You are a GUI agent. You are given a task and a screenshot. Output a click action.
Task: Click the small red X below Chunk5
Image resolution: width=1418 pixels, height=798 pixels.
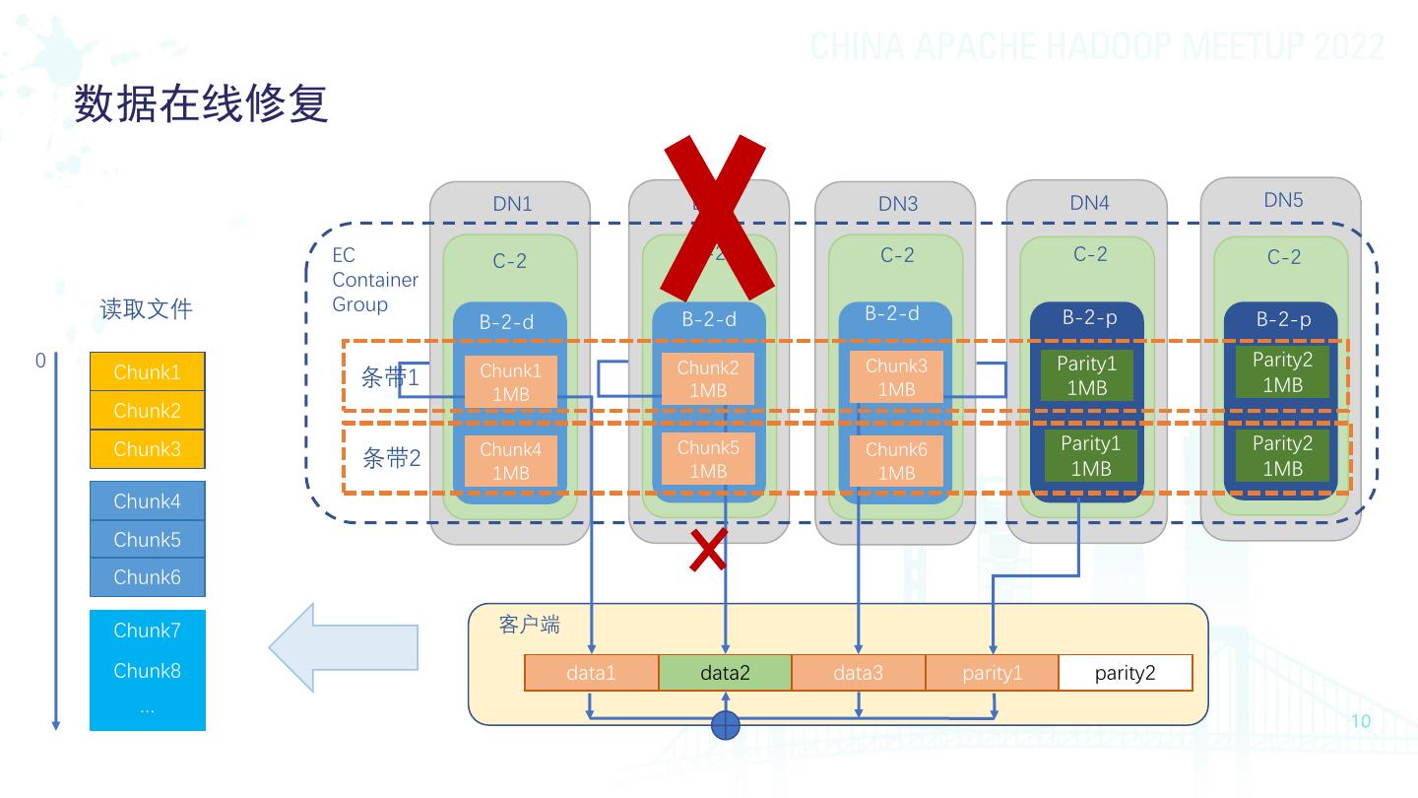tap(708, 550)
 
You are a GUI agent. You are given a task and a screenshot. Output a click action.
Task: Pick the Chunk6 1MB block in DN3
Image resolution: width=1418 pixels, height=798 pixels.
tap(896, 461)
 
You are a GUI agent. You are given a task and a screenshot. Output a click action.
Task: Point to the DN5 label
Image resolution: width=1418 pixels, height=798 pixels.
tap(1283, 200)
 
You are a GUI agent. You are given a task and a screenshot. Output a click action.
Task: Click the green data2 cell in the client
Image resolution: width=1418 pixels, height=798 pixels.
tap(725, 674)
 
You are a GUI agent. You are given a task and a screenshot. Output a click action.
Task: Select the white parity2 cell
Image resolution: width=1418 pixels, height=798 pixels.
tap(1125, 674)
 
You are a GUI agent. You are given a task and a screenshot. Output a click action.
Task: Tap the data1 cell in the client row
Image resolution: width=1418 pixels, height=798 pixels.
tap(591, 674)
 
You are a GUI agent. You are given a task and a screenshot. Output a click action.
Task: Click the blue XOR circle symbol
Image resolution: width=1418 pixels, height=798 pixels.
tap(725, 725)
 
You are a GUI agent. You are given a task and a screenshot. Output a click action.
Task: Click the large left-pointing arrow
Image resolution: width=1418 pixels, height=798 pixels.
tap(344, 646)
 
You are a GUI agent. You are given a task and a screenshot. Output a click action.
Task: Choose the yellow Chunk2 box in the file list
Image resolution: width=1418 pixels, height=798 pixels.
tap(148, 411)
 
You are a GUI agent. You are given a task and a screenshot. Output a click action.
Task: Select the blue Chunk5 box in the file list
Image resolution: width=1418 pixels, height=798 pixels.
tap(148, 539)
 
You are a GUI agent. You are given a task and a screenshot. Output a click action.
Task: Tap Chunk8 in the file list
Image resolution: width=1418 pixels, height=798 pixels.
tap(148, 671)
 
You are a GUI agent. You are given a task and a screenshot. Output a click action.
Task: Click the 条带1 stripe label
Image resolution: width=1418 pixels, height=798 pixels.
tap(391, 378)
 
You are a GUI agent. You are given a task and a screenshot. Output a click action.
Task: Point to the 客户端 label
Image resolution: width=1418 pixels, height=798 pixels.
tap(529, 626)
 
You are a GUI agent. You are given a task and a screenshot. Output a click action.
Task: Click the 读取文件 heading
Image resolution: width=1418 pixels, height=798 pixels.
tap(146, 309)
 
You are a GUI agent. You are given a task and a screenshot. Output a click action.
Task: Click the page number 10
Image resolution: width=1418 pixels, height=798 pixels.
tap(1360, 721)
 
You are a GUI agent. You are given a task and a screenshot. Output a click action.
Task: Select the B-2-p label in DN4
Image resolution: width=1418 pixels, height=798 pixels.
tap(1089, 318)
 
